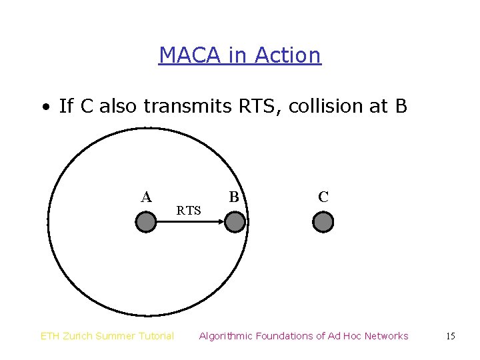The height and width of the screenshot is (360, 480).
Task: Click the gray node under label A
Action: [x=145, y=222]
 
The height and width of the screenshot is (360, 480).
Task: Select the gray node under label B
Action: [x=235, y=222]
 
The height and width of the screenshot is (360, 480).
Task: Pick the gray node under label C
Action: [x=323, y=222]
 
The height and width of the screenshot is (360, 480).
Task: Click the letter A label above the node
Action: [x=147, y=197]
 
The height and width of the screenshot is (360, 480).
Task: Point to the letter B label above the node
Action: [x=234, y=197]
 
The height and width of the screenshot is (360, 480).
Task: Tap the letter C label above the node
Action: [x=323, y=197]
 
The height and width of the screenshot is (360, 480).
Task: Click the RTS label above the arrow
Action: [x=189, y=211]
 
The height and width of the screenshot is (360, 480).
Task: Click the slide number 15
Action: [x=451, y=336]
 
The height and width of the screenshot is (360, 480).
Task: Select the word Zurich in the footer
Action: [x=77, y=336]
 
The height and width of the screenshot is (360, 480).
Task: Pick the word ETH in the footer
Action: [x=49, y=336]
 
